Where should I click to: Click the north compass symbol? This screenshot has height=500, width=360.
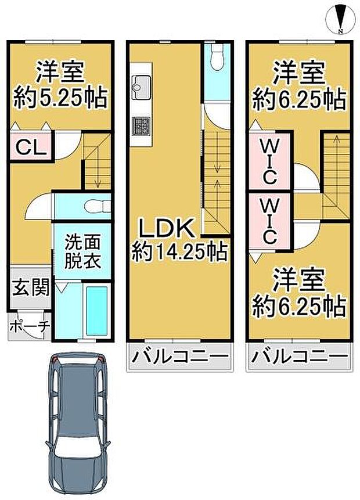click(341, 19)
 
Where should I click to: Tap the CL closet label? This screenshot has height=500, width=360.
click(31, 147)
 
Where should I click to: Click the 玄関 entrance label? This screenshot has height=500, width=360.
click(30, 287)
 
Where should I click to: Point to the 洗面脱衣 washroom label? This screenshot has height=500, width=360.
click(82, 251)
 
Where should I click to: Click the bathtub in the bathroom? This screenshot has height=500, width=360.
click(96, 310)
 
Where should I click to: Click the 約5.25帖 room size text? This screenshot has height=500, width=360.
click(59, 98)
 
